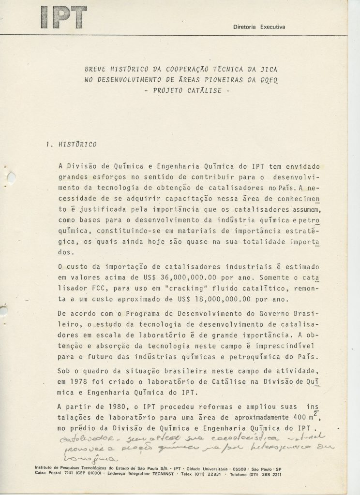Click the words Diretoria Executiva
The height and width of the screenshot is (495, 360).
(259, 27)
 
